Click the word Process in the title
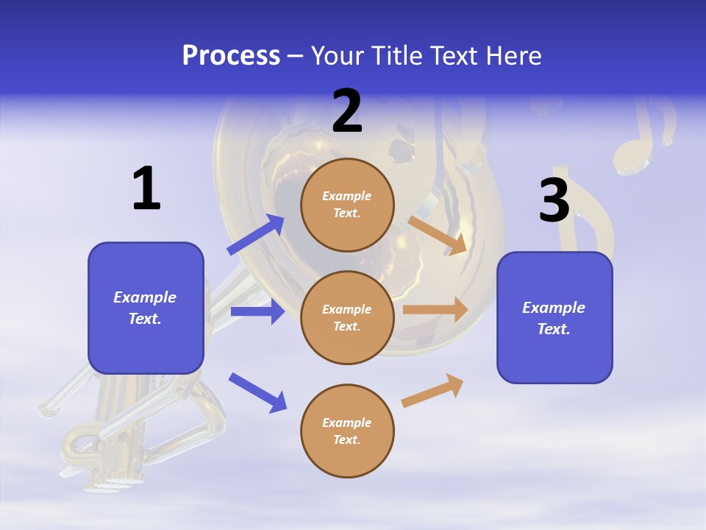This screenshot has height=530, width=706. [x=231, y=56]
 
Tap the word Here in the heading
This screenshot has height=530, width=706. [x=513, y=56]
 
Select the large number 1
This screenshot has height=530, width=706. [x=146, y=188]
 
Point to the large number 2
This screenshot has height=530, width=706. [x=347, y=111]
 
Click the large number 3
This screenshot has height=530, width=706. [x=554, y=200]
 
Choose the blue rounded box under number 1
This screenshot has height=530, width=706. [x=146, y=308]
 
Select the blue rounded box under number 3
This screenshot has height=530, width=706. [x=555, y=317]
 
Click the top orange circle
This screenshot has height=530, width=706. [x=347, y=205]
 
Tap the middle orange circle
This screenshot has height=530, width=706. [x=347, y=317]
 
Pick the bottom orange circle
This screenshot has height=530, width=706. [x=347, y=431]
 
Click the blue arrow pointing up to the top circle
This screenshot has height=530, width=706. [x=256, y=235]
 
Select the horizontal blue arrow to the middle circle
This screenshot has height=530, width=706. [x=257, y=311]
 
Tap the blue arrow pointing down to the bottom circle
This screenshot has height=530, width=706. [x=257, y=392]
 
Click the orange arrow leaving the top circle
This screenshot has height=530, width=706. [x=438, y=235]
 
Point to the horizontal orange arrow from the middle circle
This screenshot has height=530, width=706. [x=435, y=310]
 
